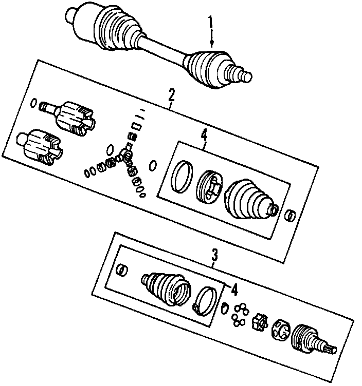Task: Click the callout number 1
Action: point(210,23)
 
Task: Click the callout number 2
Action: point(171,94)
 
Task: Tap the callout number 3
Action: point(214,254)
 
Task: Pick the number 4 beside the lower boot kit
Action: point(234,291)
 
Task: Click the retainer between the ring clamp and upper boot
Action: point(210,186)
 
